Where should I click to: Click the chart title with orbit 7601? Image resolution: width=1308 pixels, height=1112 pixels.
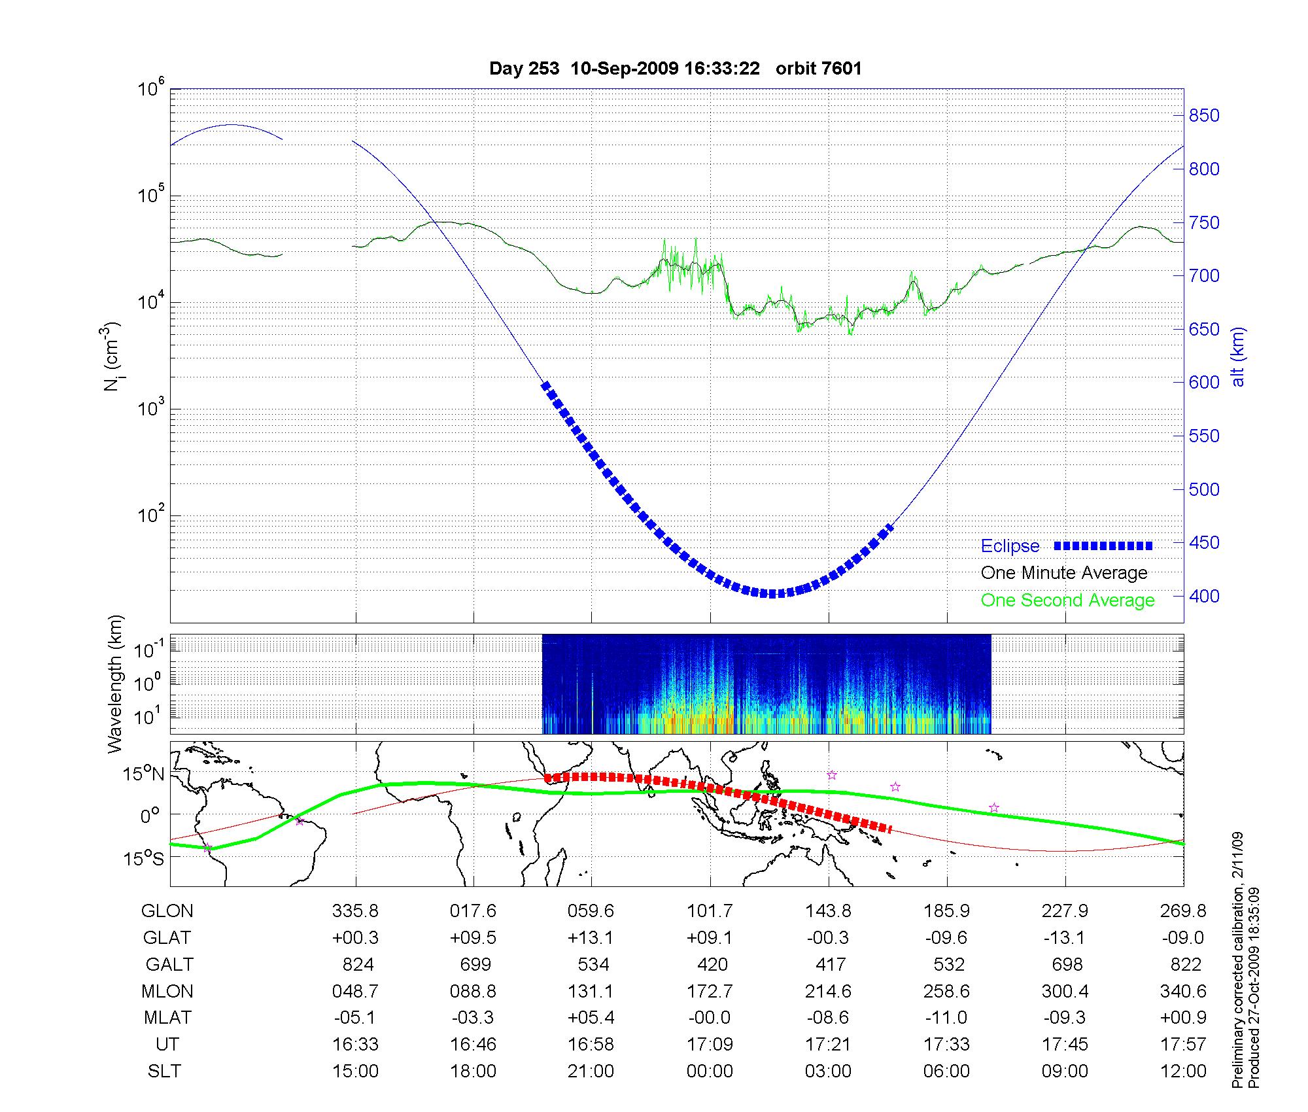675,69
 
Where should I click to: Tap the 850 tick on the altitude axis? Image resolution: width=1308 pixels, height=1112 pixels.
1203,116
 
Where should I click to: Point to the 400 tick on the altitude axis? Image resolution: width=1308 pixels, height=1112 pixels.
1203,596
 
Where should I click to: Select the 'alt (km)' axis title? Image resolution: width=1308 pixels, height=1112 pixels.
1239,356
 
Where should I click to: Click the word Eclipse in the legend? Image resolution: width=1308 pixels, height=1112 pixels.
1010,546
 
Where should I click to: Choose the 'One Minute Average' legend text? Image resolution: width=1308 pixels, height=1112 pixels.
1064,573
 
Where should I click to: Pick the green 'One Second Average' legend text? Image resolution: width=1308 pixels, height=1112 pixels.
1067,600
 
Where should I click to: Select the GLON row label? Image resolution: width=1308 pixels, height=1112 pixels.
167,911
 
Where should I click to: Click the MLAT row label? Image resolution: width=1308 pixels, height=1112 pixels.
167,1018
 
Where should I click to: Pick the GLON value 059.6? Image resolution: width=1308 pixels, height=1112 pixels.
591,911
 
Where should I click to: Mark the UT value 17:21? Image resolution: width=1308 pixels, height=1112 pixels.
828,1045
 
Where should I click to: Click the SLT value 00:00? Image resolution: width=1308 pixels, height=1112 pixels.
710,1071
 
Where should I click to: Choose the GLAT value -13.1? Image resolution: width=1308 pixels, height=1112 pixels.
1065,937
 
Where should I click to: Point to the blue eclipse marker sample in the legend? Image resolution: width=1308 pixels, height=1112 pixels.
1103,546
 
